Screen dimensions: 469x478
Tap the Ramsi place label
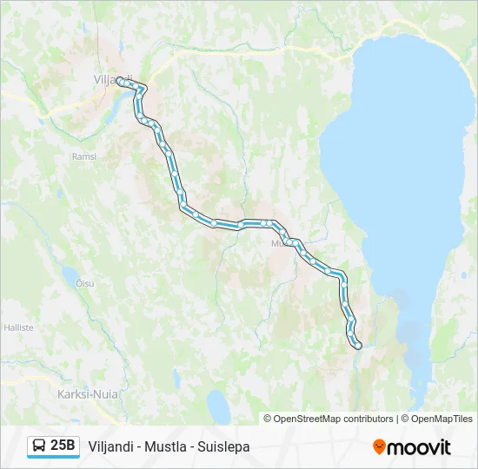(84, 156)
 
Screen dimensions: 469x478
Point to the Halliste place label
(18, 327)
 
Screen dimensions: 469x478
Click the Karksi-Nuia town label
(88, 393)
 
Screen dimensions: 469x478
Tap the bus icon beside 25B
(39, 446)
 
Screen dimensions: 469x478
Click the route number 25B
(63, 446)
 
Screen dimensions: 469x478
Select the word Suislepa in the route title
(224, 446)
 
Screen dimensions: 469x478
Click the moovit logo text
(420, 447)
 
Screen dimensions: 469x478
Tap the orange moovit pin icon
(379, 446)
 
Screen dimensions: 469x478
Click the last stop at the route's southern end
(357, 347)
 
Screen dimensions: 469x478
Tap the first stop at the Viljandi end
(119, 83)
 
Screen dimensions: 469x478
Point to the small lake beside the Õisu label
(69, 276)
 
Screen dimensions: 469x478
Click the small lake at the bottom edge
(218, 405)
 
